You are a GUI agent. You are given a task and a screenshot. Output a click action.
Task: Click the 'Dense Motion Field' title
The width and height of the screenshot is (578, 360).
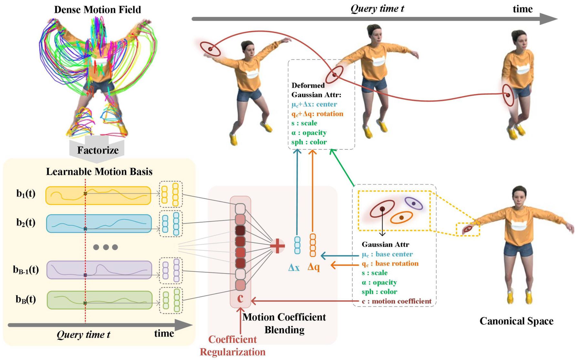point(98,10)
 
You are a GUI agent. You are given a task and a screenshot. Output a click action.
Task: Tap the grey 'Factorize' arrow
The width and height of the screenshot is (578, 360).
point(97,149)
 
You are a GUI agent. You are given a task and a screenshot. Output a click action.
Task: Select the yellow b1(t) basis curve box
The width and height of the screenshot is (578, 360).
point(98,196)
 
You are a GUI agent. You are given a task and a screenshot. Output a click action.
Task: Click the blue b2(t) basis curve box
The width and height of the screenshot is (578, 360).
point(99,224)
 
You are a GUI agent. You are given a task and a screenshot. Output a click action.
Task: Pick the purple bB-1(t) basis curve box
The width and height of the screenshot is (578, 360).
point(99,270)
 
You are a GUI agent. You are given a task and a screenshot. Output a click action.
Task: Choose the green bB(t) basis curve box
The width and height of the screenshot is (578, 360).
point(99,300)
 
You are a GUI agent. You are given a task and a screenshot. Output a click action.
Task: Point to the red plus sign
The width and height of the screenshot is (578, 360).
point(277,246)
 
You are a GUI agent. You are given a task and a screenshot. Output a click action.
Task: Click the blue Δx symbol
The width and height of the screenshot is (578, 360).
point(294,268)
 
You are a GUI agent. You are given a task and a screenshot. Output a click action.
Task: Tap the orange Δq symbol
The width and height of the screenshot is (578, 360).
point(314,267)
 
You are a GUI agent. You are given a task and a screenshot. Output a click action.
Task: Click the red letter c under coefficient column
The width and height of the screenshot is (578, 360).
point(240,298)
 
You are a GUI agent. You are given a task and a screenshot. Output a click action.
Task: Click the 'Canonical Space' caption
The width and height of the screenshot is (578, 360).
point(516,321)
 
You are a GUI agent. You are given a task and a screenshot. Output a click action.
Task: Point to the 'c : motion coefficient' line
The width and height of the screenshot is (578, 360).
point(397,301)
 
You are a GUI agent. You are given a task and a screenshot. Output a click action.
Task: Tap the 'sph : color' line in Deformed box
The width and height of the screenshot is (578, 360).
point(309,142)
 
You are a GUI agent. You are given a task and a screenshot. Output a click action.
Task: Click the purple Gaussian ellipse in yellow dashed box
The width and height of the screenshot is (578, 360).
point(414,204)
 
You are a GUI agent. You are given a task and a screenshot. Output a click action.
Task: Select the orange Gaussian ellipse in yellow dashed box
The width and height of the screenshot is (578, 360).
point(401,217)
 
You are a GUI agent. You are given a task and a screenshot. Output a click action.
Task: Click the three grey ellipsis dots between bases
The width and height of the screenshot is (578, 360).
point(106,247)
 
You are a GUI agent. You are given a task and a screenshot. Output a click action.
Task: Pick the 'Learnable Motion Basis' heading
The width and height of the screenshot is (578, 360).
point(99,172)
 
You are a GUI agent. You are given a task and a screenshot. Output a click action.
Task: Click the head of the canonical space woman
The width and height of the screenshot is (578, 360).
point(519,196)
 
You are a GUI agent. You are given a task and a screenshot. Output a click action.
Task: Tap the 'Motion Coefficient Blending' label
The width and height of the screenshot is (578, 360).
point(284,323)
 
